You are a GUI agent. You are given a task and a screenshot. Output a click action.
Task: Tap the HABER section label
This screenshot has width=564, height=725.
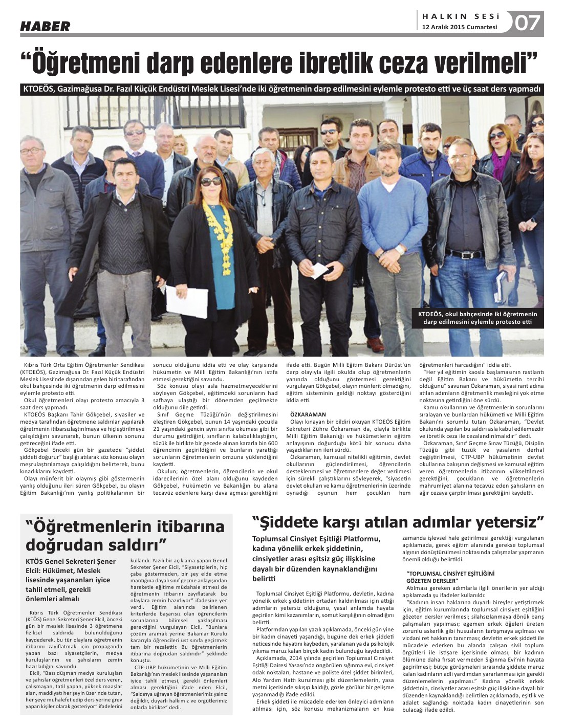pos(45,27)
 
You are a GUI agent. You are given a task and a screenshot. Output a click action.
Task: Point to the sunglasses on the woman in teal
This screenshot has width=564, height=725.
pos(211,181)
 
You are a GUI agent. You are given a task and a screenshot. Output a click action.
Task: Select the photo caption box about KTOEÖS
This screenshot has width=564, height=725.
pos(478,318)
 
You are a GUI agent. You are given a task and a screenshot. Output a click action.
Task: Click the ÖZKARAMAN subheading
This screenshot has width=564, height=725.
pos(308,414)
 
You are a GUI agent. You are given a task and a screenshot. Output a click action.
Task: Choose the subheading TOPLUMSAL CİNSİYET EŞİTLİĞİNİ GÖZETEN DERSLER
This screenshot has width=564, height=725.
pos(443,577)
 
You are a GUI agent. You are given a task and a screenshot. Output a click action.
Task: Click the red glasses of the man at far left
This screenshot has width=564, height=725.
pos(32,150)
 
